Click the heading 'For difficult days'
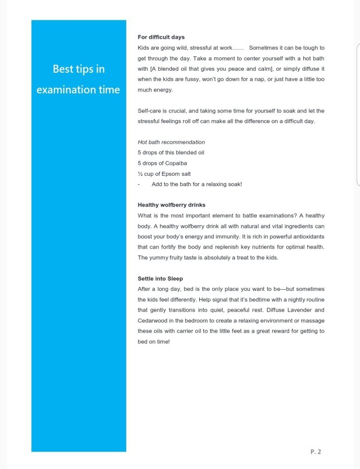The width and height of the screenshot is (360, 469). click(x=161, y=37)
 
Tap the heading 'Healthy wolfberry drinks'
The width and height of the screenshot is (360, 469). click(x=171, y=205)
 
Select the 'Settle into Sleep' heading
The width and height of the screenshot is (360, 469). click(x=160, y=278)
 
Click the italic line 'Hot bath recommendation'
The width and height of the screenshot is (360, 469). click(x=171, y=142)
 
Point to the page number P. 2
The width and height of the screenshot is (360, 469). click(x=316, y=452)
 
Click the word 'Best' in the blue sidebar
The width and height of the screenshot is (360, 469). click(x=62, y=69)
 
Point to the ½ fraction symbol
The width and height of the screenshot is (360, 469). click(x=140, y=174)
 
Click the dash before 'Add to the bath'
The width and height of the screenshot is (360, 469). click(x=139, y=184)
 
